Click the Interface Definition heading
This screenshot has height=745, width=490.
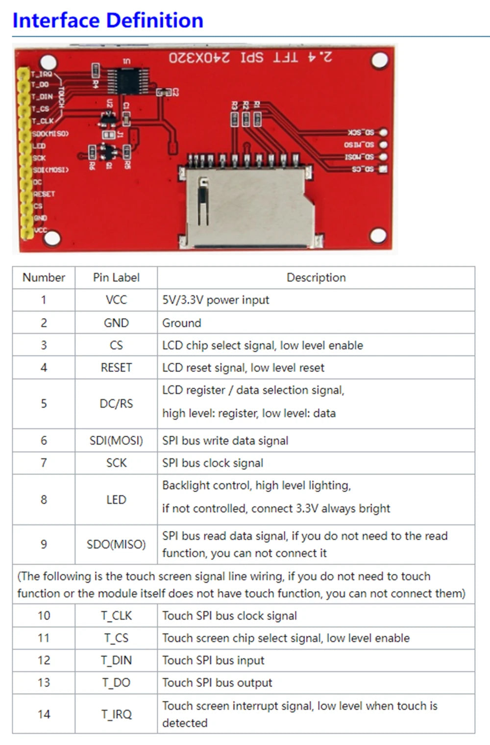click(107, 21)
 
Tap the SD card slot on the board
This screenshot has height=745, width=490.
click(247, 206)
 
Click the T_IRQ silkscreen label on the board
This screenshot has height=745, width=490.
click(41, 74)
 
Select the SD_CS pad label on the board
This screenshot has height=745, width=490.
click(363, 169)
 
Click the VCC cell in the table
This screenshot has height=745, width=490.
click(116, 300)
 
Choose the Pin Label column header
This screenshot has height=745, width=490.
click(116, 277)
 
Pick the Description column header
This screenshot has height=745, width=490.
click(316, 277)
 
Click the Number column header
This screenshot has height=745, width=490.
click(44, 277)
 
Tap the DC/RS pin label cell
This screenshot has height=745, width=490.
click(116, 403)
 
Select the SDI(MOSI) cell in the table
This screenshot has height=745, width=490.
click(116, 441)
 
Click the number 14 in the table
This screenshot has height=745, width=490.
click(44, 714)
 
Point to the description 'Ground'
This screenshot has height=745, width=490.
click(182, 323)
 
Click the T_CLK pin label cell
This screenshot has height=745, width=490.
click(116, 616)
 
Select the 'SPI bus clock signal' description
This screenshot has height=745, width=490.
click(213, 463)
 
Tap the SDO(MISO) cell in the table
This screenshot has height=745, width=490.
click(116, 544)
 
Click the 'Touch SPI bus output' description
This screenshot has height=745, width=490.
click(217, 683)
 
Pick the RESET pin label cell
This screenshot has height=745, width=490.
click(116, 368)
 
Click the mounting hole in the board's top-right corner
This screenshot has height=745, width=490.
click(379, 61)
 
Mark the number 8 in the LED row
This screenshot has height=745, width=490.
click(44, 499)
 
